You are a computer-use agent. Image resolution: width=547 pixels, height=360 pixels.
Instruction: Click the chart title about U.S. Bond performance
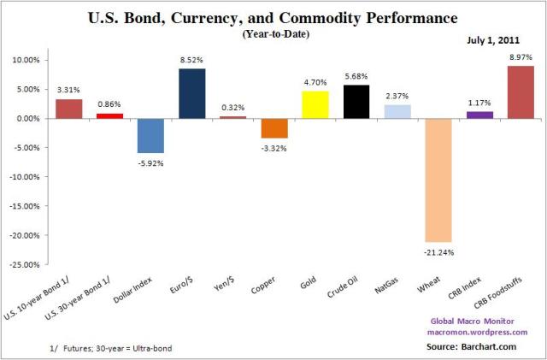pos(273,18)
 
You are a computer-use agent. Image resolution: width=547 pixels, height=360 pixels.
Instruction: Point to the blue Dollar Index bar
pos(150,135)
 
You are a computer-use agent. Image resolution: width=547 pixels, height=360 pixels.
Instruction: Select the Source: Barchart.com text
pos(475,347)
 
